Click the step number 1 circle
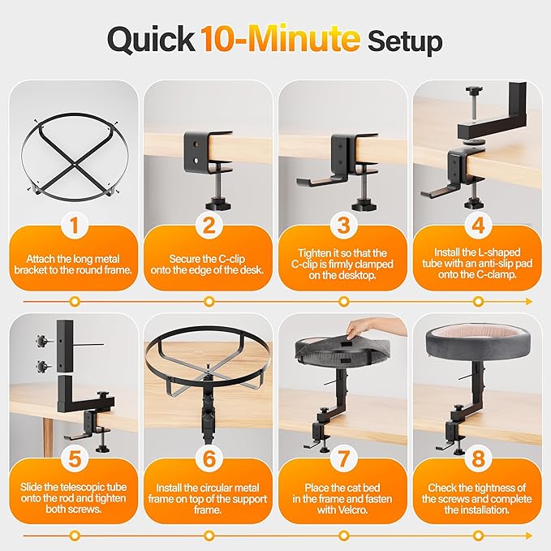(75, 222)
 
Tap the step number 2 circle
(209, 222)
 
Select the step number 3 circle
(343, 222)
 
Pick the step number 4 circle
(477, 222)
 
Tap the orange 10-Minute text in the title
(281, 39)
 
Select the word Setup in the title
(405, 39)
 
